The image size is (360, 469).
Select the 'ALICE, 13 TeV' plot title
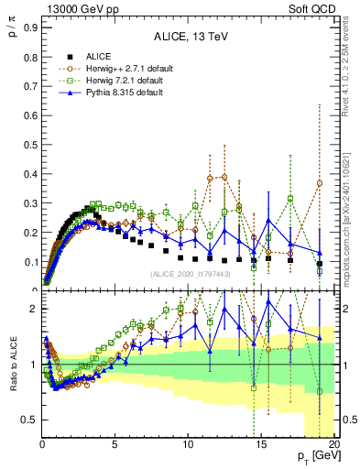click(190, 38)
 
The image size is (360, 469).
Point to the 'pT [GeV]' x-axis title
click(319, 456)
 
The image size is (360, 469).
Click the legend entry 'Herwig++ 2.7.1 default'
click(118, 68)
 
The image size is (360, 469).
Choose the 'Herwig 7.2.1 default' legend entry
click(115, 81)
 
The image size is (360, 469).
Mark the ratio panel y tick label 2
click(33, 309)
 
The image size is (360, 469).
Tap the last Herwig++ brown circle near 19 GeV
click(320, 183)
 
